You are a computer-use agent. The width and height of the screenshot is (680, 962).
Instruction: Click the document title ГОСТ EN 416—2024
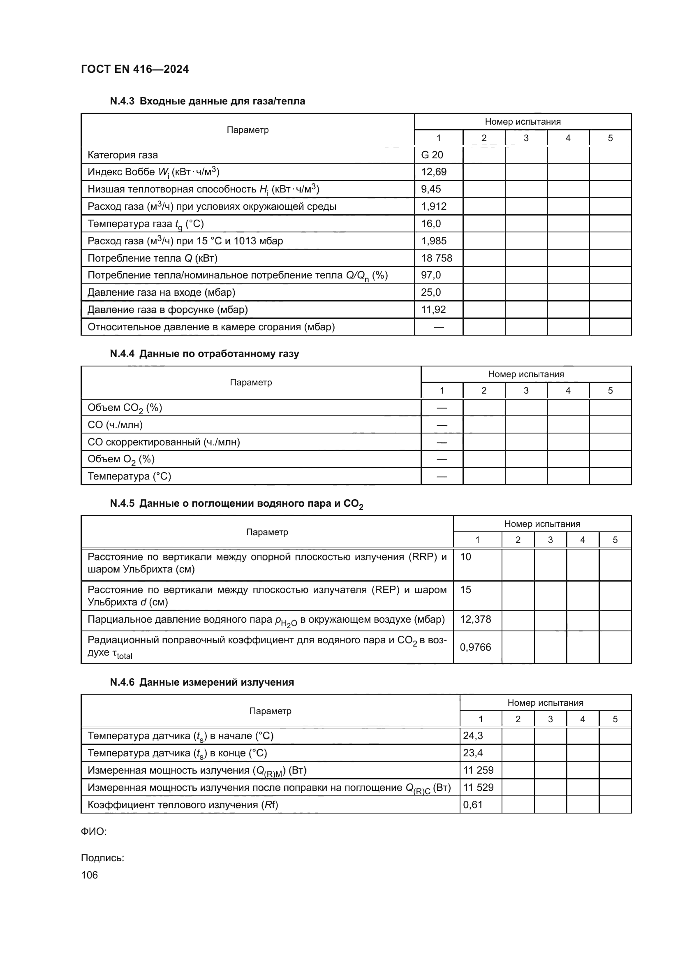135,69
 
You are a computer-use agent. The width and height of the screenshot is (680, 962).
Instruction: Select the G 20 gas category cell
432,155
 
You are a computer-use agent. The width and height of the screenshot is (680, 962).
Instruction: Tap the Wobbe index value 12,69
433,172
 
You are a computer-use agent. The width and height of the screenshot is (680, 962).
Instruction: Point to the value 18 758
436,258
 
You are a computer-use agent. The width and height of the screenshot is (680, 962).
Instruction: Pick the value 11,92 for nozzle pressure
433,310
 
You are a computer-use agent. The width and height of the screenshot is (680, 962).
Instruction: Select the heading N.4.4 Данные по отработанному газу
204,354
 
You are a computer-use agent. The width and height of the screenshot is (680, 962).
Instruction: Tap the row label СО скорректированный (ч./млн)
164,442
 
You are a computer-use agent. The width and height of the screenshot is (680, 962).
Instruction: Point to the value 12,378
475,619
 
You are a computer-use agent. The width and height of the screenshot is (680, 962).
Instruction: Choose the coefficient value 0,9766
475,647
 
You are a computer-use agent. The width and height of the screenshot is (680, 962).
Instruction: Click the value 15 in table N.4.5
465,590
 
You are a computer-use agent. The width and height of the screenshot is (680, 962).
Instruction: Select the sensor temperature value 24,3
473,735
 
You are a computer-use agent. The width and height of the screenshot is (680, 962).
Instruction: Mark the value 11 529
478,787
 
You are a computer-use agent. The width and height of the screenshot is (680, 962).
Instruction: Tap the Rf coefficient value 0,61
473,804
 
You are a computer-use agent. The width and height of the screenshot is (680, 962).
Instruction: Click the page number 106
89,875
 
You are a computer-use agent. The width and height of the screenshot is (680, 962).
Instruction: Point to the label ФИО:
94,832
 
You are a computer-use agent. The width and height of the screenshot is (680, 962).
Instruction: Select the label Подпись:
103,858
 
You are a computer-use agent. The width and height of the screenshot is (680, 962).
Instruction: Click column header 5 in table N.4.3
610,138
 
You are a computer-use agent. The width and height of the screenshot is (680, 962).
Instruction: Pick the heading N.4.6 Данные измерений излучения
202,682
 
